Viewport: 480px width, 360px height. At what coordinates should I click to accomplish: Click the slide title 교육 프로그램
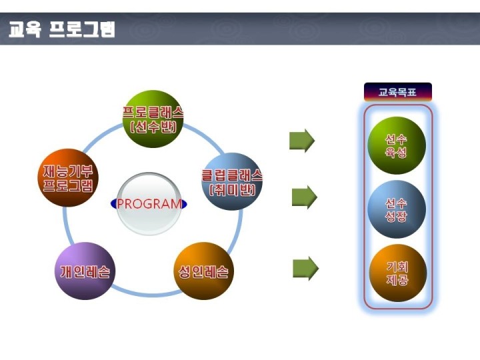tap(62, 29)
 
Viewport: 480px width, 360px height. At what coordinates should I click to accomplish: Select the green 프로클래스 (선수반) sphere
tap(153, 119)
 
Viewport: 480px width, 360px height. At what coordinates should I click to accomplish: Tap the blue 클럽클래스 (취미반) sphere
tap(232, 181)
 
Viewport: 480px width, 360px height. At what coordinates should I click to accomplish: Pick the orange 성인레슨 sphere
tap(203, 271)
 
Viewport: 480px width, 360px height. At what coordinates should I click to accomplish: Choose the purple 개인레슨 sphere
tap(85, 271)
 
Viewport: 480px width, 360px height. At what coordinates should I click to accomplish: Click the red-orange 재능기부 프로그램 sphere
tap(67, 178)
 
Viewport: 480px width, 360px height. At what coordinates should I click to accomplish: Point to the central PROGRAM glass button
tap(149, 204)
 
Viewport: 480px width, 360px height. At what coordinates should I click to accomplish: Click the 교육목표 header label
tap(397, 92)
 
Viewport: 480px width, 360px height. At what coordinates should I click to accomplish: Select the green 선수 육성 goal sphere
tap(397, 145)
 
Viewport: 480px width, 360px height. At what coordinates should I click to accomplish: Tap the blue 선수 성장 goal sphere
tap(397, 209)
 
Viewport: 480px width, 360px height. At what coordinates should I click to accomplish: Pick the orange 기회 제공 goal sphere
tap(397, 273)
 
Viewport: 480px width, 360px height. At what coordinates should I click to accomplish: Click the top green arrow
tap(302, 141)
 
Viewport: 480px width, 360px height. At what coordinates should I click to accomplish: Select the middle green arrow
tap(304, 197)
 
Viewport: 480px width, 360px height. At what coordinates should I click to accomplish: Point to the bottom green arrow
tap(305, 268)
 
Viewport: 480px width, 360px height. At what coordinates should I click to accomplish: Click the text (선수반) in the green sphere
tap(153, 127)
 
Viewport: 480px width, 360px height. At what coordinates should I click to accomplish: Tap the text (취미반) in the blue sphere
tap(233, 189)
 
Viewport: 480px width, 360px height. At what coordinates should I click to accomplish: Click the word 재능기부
tap(67, 171)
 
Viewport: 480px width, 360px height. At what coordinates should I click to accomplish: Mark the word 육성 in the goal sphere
tap(396, 152)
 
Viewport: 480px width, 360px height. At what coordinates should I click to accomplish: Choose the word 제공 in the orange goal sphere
tap(397, 279)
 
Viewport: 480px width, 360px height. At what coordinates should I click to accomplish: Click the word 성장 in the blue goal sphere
tap(396, 216)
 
